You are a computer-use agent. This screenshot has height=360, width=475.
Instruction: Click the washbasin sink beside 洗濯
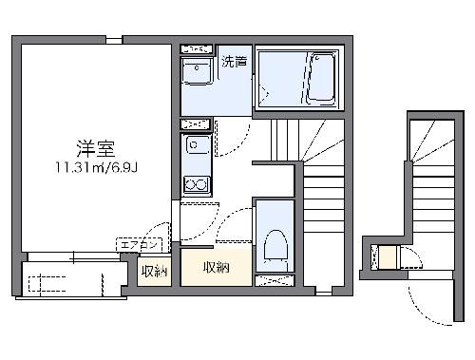click(x=198, y=71)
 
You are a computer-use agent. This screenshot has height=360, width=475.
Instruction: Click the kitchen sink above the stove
click(x=197, y=146)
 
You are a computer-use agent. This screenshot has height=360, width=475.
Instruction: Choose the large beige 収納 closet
click(x=217, y=267)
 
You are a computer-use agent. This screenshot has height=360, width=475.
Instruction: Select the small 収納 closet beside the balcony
click(x=154, y=273)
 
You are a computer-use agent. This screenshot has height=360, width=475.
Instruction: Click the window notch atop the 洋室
click(x=114, y=40)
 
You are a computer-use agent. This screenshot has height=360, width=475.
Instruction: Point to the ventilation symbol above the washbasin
click(x=198, y=47)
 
